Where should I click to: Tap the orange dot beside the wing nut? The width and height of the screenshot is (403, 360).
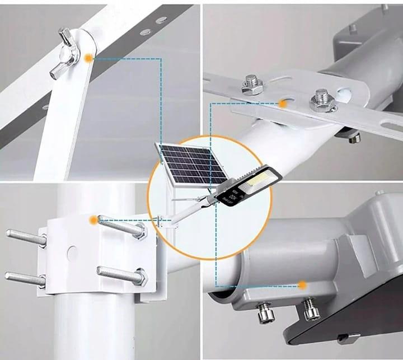(88, 58)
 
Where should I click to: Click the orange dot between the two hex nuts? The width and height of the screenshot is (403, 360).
(284, 104)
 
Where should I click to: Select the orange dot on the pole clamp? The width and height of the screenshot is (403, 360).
(92, 221)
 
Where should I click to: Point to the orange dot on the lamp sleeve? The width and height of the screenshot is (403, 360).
(302, 285)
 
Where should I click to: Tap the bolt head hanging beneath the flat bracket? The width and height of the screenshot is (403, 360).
(354, 137)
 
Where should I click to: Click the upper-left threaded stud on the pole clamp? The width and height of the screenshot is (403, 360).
(26, 237)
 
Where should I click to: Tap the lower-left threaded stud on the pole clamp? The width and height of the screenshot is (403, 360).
(24, 278)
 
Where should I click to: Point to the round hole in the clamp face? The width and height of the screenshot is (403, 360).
(72, 253)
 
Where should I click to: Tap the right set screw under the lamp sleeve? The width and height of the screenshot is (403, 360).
(311, 309)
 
